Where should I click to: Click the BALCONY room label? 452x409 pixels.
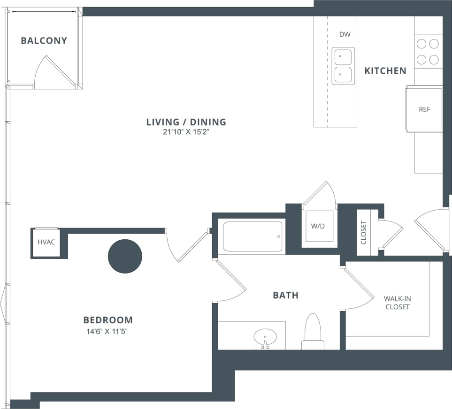tap(44, 41)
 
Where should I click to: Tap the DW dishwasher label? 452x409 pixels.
tap(345, 34)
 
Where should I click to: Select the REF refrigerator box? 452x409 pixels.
tap(424, 109)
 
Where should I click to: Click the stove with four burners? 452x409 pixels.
tap(428, 52)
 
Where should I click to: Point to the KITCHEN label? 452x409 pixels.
tap(385, 71)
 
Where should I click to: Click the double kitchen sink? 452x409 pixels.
tap(343, 66)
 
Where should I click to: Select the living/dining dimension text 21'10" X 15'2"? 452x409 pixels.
tap(186, 132)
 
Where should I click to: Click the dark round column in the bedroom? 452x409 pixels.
tap(125, 256)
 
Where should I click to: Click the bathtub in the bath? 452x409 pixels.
tap(253, 236)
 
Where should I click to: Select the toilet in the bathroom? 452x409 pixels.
tap(313, 331)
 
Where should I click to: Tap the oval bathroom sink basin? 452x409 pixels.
tap(265, 337)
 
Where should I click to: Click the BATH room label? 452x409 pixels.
tap(285, 295)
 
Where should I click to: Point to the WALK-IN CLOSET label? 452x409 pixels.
tap(397, 303)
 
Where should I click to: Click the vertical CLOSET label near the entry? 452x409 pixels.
tap(364, 232)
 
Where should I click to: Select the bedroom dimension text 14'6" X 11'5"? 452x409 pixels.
tap(108, 331)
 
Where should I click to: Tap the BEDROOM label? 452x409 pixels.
tap(108, 320)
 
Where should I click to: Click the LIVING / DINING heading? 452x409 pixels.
tap(186, 122)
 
